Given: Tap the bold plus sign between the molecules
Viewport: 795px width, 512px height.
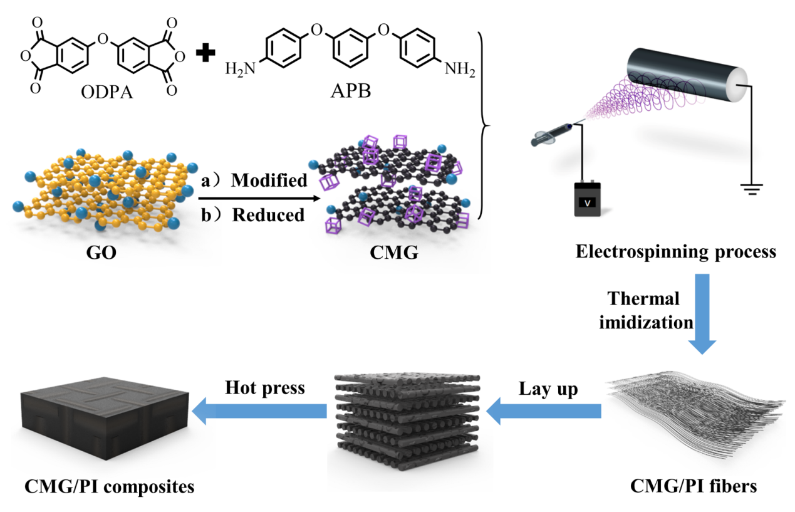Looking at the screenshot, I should [202, 55].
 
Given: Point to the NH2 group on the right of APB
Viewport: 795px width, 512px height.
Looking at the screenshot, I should [460, 69].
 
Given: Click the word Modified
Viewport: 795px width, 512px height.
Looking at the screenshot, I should [269, 180].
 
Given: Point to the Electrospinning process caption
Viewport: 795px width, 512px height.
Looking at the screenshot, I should [676, 252].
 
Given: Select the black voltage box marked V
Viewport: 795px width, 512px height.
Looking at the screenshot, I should [587, 199].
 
